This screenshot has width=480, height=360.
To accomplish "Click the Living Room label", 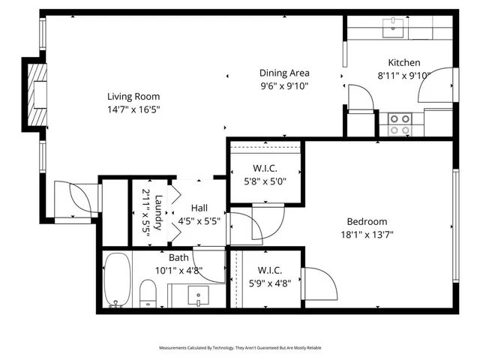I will click(x=133, y=96).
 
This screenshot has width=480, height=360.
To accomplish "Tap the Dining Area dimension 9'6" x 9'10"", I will click(x=284, y=85).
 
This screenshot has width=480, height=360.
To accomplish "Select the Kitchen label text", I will click(x=403, y=62).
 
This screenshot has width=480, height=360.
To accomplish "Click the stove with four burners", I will click(x=400, y=124).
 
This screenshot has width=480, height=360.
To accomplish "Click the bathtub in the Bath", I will click(x=116, y=280).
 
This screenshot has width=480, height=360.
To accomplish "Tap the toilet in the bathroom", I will click(x=148, y=292).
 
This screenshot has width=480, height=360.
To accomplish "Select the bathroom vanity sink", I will click(x=199, y=295).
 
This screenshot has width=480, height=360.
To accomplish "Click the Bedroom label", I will click(x=367, y=221).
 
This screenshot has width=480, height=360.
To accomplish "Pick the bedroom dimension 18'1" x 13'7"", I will click(x=367, y=234).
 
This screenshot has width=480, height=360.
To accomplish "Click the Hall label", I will click(x=199, y=208).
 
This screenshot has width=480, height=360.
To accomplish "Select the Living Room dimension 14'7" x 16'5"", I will click(x=133, y=109).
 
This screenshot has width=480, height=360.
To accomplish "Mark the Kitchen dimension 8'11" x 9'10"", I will click(x=403, y=75).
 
